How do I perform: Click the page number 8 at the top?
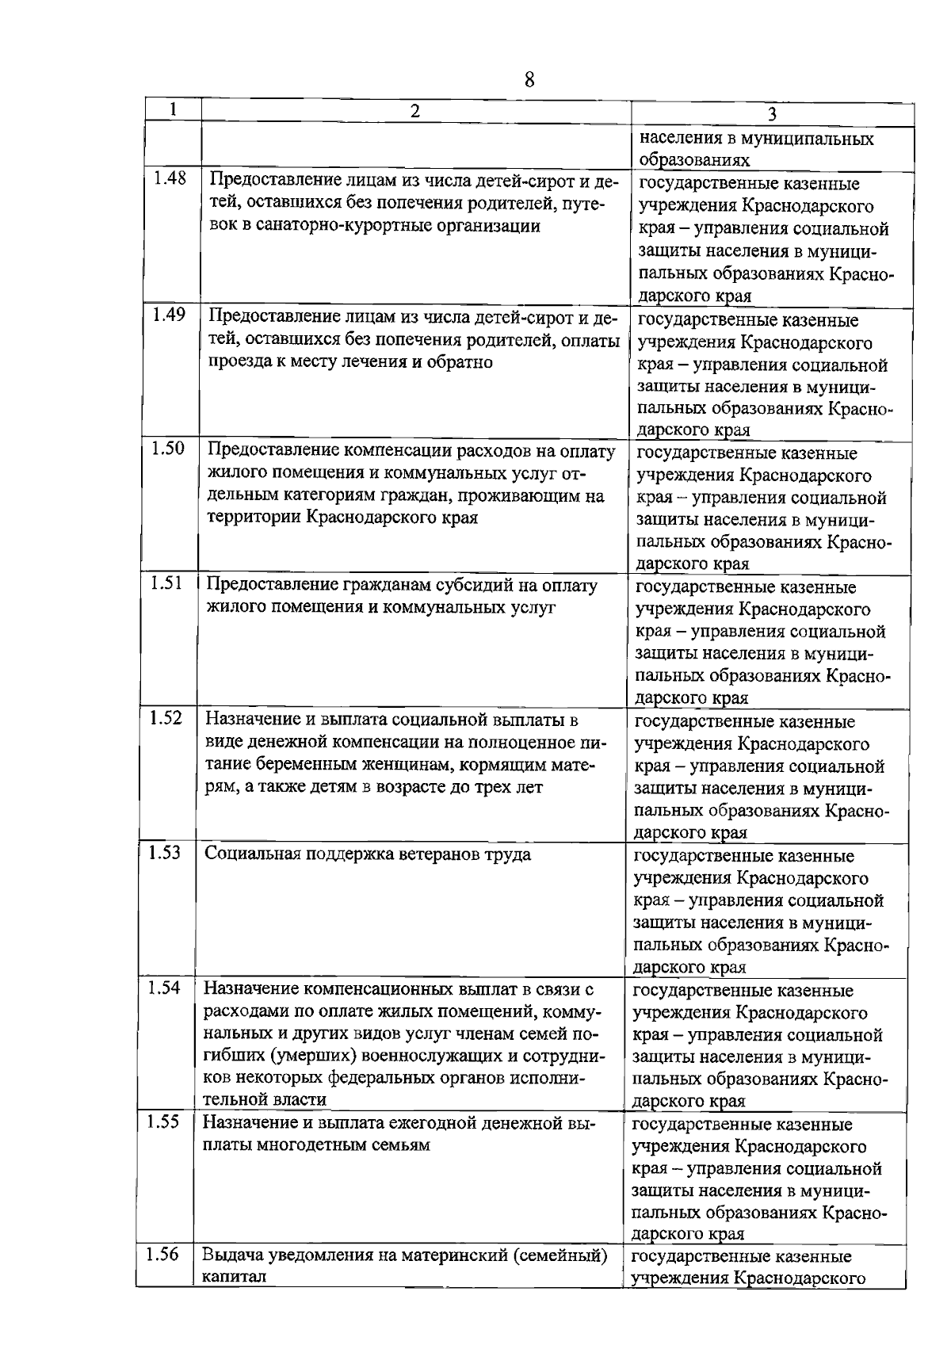529,79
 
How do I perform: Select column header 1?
173,109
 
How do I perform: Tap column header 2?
415,110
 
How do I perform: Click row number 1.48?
170,178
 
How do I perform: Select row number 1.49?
169,314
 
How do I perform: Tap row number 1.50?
168,449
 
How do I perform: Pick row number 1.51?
167,583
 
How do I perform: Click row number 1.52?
166,718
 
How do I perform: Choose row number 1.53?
166,853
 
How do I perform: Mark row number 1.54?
165,988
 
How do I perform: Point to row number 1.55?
164,1121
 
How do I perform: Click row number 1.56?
163,1255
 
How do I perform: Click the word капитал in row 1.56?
234,1278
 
